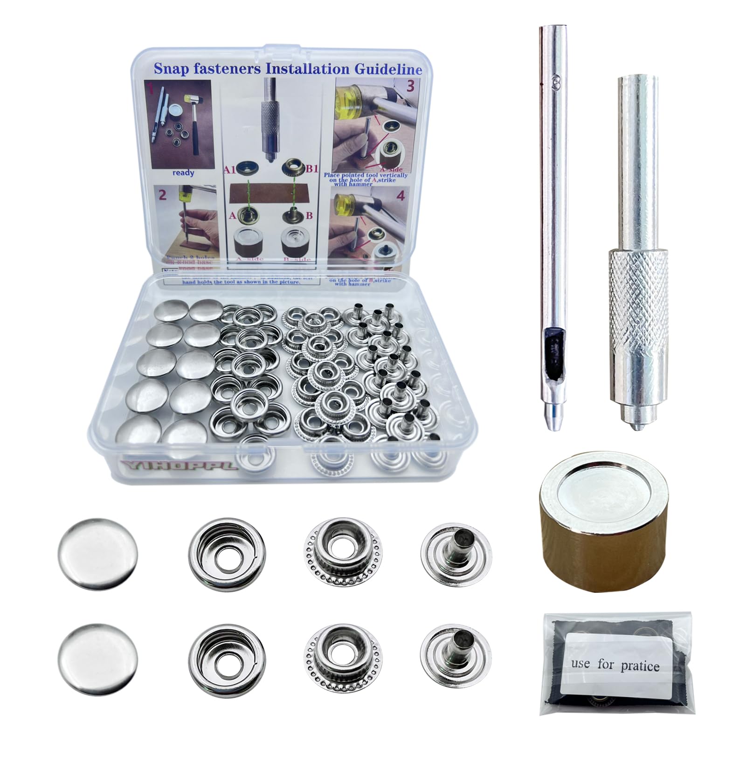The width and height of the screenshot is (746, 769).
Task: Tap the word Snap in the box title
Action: [170, 69]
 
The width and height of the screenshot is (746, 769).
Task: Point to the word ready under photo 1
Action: [183, 173]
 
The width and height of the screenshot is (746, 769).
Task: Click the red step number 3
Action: [410, 87]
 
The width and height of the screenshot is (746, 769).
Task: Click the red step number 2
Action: [162, 195]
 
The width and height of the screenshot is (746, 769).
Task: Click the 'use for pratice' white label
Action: [615, 664]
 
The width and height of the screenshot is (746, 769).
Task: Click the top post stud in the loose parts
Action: [456, 552]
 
